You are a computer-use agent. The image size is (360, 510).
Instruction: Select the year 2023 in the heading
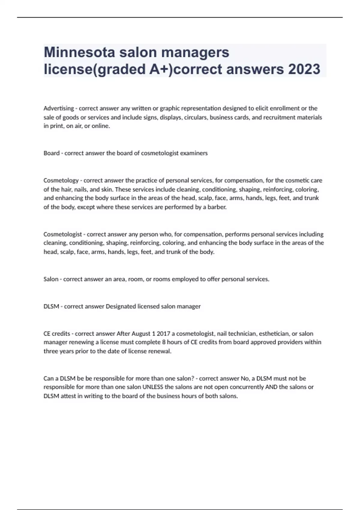(304, 69)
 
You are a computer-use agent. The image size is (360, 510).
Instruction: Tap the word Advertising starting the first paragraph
(59, 108)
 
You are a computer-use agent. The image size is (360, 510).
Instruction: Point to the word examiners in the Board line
(195, 153)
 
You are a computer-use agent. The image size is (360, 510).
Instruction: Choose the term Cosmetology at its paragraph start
(61, 181)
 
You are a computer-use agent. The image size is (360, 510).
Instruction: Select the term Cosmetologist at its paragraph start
(63, 234)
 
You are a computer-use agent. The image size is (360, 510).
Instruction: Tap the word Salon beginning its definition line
(51, 279)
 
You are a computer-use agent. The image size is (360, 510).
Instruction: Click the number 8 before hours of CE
(164, 342)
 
